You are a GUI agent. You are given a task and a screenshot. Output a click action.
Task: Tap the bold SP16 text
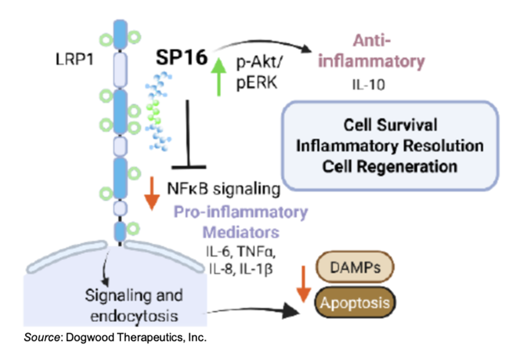(182, 57)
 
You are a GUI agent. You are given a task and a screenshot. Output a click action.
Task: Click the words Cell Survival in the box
(390, 125)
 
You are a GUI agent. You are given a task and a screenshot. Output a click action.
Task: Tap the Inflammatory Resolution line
(390, 145)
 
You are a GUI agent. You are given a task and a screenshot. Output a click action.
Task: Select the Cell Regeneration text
(390, 166)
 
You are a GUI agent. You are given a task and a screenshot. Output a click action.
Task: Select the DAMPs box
(355, 268)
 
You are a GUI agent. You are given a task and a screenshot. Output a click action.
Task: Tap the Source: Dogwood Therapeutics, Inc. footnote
(115, 337)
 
